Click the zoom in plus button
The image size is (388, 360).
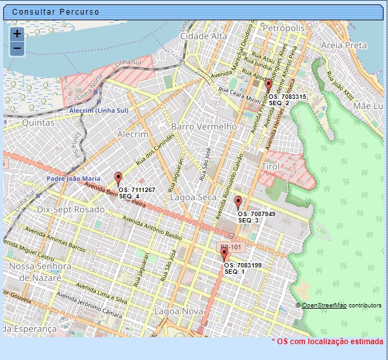17,34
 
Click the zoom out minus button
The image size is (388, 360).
17,49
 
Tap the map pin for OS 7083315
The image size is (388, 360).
268,86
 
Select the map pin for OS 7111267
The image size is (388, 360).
118,178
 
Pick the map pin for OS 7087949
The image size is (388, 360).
238,203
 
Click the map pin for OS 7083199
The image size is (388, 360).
224,254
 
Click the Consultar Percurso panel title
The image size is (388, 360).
56,12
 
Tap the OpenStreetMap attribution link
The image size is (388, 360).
323,305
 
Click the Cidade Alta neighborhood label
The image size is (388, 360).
204,37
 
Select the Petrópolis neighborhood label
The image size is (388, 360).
283,29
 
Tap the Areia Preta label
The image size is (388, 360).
344,46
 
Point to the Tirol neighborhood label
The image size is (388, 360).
270,166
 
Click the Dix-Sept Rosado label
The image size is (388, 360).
71,209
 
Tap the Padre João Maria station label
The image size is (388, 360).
74,179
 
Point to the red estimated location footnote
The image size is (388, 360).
327,342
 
